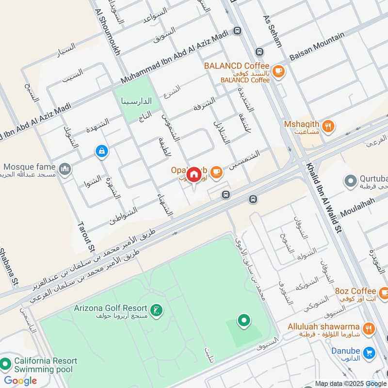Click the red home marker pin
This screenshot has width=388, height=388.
(194, 174)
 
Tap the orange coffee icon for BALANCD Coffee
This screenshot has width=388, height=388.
(278, 71)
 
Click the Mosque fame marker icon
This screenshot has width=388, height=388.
(65, 169)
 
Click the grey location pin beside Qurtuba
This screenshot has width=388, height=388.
(350, 182)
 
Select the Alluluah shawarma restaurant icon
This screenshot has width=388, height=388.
(369, 329)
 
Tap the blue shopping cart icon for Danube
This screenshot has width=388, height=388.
(369, 352)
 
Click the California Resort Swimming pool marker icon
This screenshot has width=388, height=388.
(6, 363)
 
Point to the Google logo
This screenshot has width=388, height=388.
(20, 381)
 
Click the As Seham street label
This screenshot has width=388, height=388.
(272, 31)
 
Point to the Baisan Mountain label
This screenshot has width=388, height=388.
(317, 47)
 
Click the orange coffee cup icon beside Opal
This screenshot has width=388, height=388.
(216, 171)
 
